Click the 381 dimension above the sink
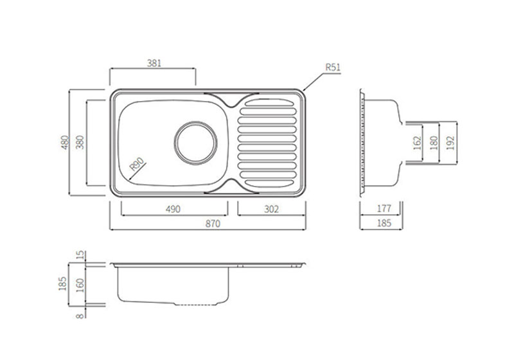pyautogui.click(x=154, y=63)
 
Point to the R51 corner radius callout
pyautogui.click(x=332, y=67)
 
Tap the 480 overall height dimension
pyautogui.click(x=64, y=142)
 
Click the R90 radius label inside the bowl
pyautogui.click(x=136, y=165)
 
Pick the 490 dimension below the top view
pyautogui.click(x=173, y=209)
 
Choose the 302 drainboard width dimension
pyautogui.click(x=270, y=209)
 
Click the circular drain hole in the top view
pyautogui.click(x=197, y=142)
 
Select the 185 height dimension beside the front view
pyautogui.click(x=64, y=283)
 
